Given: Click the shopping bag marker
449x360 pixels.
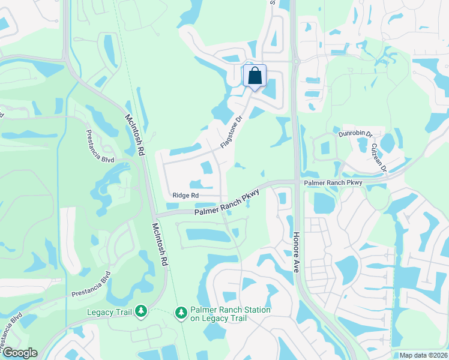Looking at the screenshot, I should [x=255, y=76].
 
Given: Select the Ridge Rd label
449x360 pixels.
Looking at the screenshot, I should [x=185, y=196].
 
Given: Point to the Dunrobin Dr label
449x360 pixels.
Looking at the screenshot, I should [x=355, y=134].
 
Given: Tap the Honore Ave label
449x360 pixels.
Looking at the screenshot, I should [x=296, y=253].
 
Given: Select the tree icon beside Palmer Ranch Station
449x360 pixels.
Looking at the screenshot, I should [x=181, y=313].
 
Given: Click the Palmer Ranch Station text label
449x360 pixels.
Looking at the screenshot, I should [x=231, y=314].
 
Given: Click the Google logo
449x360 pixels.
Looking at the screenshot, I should [x=19, y=353].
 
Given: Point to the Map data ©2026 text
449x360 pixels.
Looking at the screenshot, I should [x=423, y=355].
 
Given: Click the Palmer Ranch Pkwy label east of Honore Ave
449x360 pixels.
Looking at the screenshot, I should [x=333, y=182].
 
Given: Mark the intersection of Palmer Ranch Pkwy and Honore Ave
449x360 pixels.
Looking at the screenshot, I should [x=294, y=181].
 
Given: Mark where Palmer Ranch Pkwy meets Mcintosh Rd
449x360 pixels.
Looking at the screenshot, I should [x=153, y=215].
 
